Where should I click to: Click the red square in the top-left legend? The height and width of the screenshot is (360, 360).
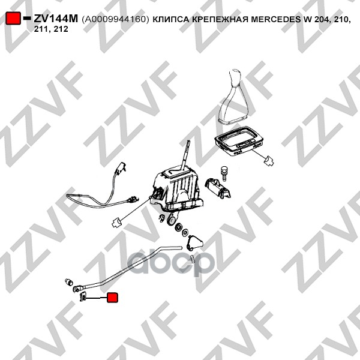coord(13,19)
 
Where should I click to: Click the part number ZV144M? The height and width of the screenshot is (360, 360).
coord(56,19)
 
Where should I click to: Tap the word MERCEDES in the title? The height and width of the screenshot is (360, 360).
coord(276,19)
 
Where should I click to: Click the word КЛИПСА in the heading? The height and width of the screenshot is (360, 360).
coord(171,19)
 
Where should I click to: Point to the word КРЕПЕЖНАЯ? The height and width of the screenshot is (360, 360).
coord(220,19)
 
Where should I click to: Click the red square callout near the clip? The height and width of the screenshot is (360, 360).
coord(113,298)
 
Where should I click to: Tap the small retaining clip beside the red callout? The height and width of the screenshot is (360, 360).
coord(83,296)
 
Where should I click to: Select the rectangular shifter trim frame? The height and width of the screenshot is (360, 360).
coord(238,141)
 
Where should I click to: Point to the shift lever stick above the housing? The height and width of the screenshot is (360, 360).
coord(186,155)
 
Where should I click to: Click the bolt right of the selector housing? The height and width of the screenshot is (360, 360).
coord(223,173)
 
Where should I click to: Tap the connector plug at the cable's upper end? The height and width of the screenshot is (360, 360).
coord(120,168)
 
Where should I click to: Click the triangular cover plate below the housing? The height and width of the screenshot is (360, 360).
coord(194,242)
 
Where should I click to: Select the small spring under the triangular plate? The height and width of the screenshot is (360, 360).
coord(193,258)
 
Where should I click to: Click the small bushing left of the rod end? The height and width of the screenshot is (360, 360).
coord(68,281)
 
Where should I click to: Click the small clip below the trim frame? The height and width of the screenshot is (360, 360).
coord(269,160)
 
